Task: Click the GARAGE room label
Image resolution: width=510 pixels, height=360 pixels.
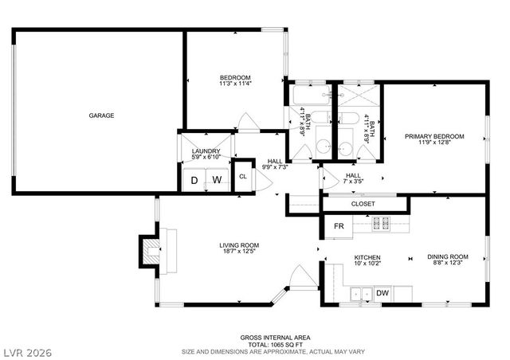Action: (x=101, y=115)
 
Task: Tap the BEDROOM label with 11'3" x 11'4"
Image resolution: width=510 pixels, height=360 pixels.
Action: (x=235, y=77)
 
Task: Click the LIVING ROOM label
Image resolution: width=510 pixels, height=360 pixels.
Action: (x=239, y=245)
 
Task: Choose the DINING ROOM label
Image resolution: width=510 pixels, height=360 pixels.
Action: (x=447, y=257)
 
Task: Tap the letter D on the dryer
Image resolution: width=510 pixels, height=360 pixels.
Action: (x=194, y=181)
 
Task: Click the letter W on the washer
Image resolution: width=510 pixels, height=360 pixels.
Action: (x=216, y=181)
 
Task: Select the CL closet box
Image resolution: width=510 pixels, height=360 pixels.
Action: (x=243, y=178)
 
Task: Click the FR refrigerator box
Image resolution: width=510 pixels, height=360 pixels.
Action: (x=339, y=226)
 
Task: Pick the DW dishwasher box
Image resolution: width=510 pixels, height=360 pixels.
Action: (x=382, y=293)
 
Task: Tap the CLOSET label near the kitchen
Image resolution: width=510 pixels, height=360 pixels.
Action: (x=363, y=204)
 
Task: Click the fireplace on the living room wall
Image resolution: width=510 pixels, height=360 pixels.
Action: (x=150, y=248)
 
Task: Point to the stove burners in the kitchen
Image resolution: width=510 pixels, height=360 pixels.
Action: (x=381, y=223)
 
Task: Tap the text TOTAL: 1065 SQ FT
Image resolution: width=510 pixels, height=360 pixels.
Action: (x=270, y=343)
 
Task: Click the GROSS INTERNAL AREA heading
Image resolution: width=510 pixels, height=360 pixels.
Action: (x=270, y=337)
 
